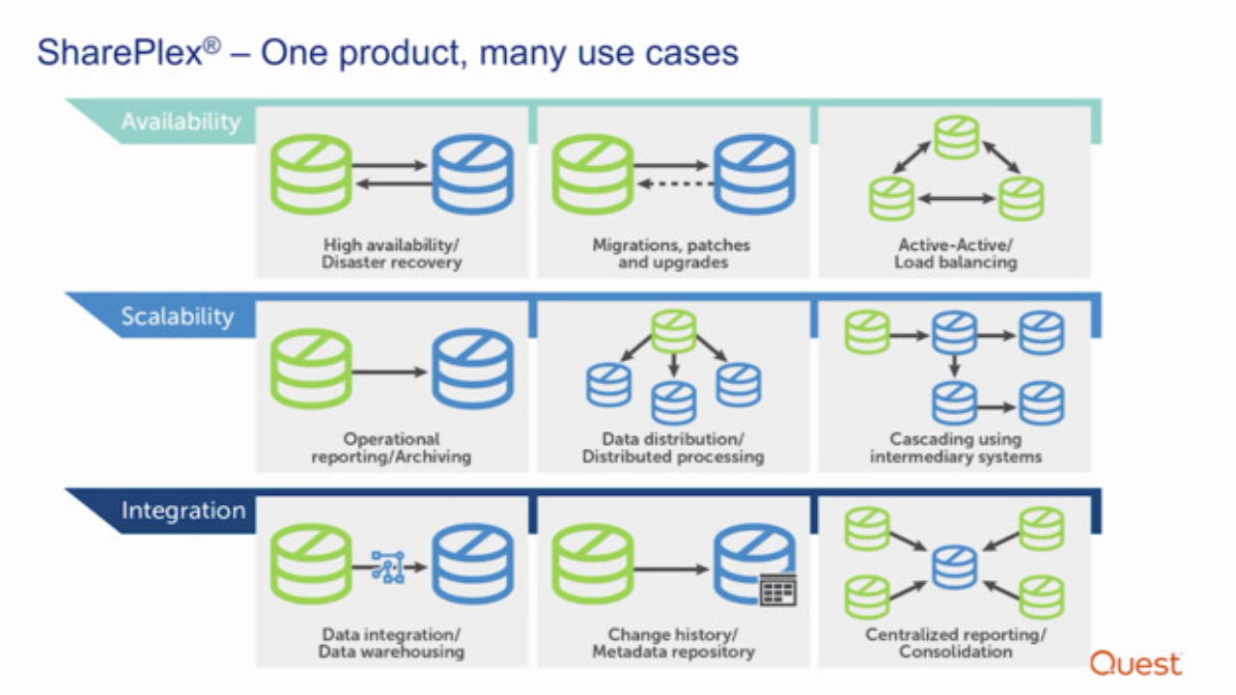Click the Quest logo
pos(1136,663)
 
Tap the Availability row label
pos(181,122)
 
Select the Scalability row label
pos(177,316)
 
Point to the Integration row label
pos(183,511)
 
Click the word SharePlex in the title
pos(120,53)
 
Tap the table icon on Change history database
pos(778,590)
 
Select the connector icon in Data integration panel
pos(388,567)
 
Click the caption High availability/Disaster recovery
pos(391,253)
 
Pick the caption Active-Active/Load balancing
pos(955,253)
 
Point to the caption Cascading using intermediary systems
pos(955,447)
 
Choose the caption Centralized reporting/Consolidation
pos(955,643)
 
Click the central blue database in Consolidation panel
pos(955,568)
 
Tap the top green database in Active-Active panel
pos(956,137)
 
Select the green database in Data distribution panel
pos(673,331)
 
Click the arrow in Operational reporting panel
pos(389,372)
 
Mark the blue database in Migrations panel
pos(754,175)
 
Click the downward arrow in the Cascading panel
pos(955,366)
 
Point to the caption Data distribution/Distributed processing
pos(673,447)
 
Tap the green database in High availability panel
pos(311,175)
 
